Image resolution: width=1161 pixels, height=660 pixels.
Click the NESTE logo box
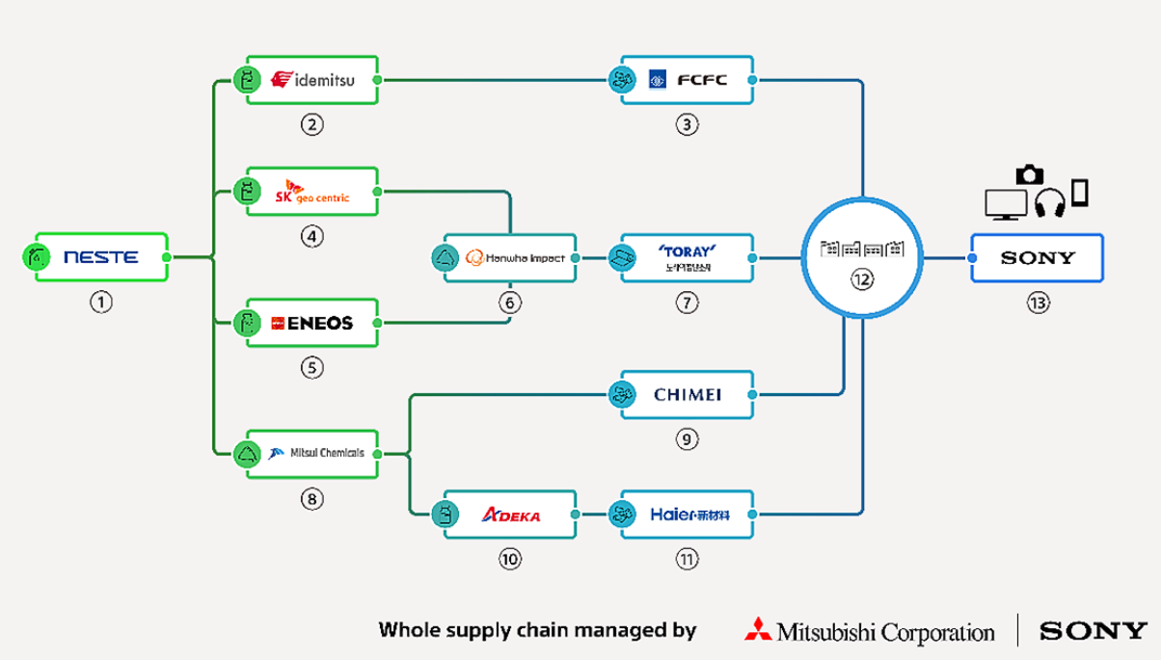pyautogui.click(x=101, y=257)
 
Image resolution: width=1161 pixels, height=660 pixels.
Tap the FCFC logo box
pyautogui.click(x=687, y=80)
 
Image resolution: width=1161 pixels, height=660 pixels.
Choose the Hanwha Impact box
pyautogui.click(x=511, y=257)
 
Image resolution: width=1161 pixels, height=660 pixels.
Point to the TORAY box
pyautogui.click(x=687, y=257)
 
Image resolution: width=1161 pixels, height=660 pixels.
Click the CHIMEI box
pyautogui.click(x=687, y=394)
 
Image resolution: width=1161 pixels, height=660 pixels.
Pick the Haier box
pyautogui.click(x=687, y=515)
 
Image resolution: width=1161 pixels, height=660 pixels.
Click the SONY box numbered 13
pyautogui.click(x=1037, y=257)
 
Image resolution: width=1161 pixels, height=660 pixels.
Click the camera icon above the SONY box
pyautogui.click(x=1030, y=174)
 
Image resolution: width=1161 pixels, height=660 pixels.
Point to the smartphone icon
pyautogui.click(x=1079, y=193)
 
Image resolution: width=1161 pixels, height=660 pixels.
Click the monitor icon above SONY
pyautogui.click(x=1006, y=204)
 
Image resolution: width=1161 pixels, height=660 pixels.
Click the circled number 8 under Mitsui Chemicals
pyautogui.click(x=311, y=499)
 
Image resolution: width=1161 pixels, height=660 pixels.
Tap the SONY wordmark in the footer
pyautogui.click(x=1093, y=631)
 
